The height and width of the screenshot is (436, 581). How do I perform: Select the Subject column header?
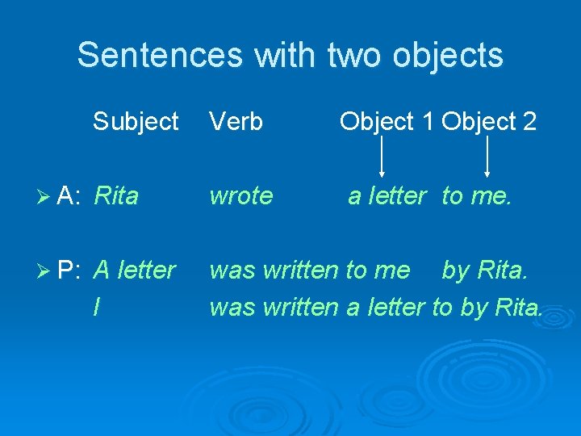[x=136, y=122]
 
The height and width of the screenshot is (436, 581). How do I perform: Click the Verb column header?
[x=236, y=122]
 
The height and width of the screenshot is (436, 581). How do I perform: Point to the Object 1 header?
[x=387, y=122]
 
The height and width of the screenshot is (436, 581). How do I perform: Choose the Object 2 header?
[x=489, y=122]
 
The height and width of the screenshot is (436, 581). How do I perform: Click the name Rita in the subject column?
[x=116, y=195]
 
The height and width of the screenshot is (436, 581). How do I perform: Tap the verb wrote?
[x=240, y=195]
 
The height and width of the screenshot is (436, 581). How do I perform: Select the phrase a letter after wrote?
[x=387, y=195]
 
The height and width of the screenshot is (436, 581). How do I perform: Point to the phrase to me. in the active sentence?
[x=476, y=195]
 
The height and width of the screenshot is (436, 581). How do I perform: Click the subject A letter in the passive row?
[x=134, y=270]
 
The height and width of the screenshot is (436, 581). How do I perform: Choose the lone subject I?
[x=97, y=307]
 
